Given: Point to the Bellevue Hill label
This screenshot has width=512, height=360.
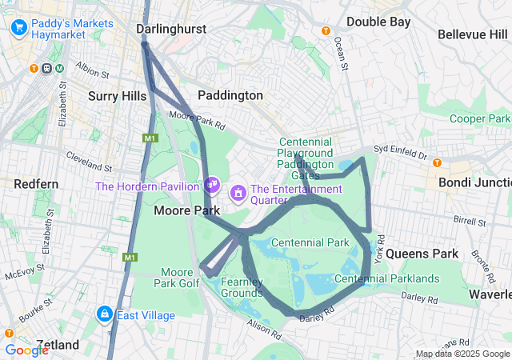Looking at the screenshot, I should click(x=472, y=34).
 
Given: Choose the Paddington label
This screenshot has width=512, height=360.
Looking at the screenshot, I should click(x=230, y=95).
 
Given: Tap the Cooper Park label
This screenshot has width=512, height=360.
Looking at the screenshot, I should click(x=478, y=118).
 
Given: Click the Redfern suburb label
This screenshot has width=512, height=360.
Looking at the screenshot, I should click(x=36, y=184).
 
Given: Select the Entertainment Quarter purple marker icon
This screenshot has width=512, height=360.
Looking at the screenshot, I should click(x=238, y=193).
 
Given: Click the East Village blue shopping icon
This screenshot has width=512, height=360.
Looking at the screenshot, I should click(x=104, y=314).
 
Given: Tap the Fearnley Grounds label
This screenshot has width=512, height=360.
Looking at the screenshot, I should click(x=242, y=287).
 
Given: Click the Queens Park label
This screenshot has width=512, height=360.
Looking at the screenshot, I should click(x=422, y=254).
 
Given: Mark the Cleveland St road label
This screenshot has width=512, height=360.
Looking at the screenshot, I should click(x=89, y=161).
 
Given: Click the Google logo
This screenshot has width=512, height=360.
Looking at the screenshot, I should click(x=26, y=350).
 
